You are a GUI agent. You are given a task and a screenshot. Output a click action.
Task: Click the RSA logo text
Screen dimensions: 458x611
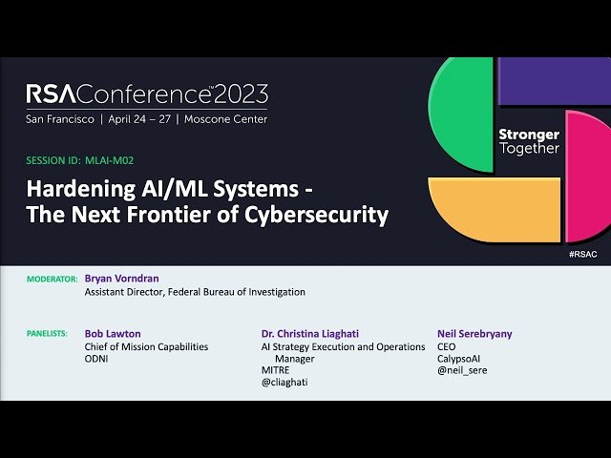pyautogui.click(x=49, y=94)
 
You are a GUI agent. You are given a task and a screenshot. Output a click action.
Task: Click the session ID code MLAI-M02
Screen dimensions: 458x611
pyautogui.click(x=116, y=161)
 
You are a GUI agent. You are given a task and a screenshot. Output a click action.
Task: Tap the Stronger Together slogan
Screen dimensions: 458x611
pyautogui.click(x=529, y=141)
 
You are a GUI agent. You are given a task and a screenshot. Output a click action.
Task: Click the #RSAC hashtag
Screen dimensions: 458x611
pyautogui.click(x=582, y=256)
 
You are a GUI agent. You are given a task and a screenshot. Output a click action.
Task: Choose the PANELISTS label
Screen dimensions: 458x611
pyautogui.click(x=49, y=334)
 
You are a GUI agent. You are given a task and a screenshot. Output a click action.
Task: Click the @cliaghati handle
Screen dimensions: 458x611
pyautogui.click(x=284, y=382)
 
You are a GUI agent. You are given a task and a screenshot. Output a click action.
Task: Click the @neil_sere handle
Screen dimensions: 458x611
pyautogui.click(x=462, y=370)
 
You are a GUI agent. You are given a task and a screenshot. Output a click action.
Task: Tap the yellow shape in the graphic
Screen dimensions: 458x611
pyautogui.click(x=496, y=210)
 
